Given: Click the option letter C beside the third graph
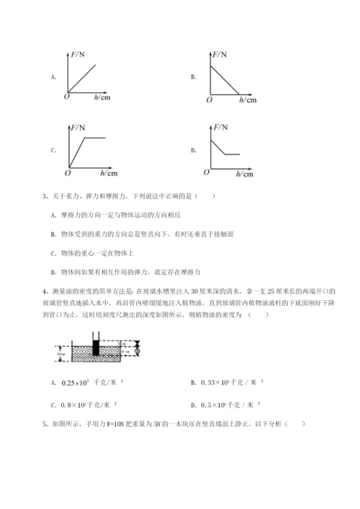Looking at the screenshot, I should coord(53,150).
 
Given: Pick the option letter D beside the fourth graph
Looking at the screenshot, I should coord(194,150).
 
